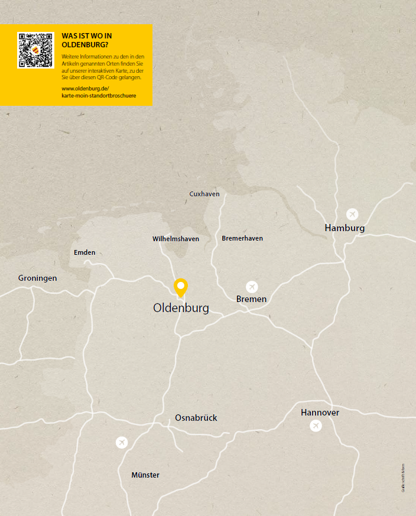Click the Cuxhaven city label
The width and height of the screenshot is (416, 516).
pyautogui.click(x=204, y=194)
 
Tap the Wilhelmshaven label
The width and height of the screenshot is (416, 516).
pyautogui.click(x=175, y=239)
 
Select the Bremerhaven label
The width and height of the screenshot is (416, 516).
pyautogui.click(x=242, y=238)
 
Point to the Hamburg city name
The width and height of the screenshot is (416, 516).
pyautogui.click(x=344, y=228)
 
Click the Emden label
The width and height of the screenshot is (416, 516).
pyautogui.click(x=84, y=252)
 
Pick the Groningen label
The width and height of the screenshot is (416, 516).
pyautogui.click(x=38, y=278)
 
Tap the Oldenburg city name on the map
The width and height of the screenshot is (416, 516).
pyautogui.click(x=181, y=308)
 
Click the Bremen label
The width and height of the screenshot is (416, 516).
pyautogui.click(x=251, y=299)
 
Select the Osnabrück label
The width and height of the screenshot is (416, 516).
pyautogui.click(x=196, y=418)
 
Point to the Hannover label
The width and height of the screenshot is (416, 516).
pyautogui.click(x=320, y=413)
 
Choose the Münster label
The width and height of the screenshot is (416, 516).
pyautogui.click(x=145, y=475)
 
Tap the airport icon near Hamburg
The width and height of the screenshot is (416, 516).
pyautogui.click(x=352, y=214)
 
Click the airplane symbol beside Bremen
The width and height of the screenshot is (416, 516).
pyautogui.click(x=252, y=287)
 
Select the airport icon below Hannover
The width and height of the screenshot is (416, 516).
pyautogui.click(x=316, y=426)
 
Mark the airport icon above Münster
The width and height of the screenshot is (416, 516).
pyautogui.click(x=122, y=442)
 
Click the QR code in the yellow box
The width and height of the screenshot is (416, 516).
pyautogui.click(x=36, y=50)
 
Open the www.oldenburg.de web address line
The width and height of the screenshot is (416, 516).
pyautogui.click(x=85, y=88)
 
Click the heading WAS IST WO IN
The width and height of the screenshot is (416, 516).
pyautogui.click(x=86, y=35)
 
